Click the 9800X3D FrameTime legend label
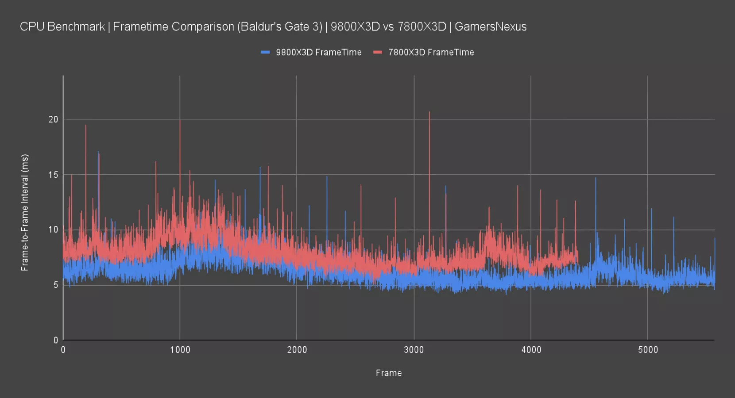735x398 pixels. pos(318,52)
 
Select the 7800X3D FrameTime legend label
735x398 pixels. pos(431,52)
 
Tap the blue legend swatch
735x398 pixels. pos(265,52)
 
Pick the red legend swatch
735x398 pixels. pos(378,52)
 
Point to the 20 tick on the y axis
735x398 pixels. pos(53,119)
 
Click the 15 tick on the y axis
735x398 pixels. pos(53,175)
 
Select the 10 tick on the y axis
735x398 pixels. pos(53,230)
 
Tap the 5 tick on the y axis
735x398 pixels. pos(55,285)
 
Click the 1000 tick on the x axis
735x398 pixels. pos(180,350)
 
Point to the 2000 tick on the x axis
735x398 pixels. pos(297,350)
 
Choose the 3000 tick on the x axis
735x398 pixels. pos(414,350)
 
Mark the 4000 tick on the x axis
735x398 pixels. pos(531,350)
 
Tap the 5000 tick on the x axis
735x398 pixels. pos(648,350)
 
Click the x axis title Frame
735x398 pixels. pos(389,373)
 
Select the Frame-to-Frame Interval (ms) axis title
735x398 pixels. pos(25,212)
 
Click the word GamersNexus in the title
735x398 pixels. pos(491,27)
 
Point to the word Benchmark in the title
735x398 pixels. pos(76,27)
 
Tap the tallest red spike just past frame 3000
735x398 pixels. pos(429,112)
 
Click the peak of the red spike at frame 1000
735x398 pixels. pos(180,121)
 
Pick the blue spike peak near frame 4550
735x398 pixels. pos(596,178)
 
